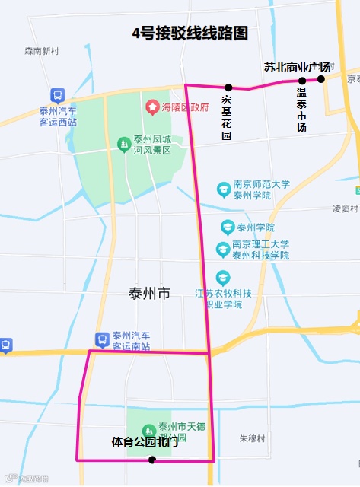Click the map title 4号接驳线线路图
[190, 33]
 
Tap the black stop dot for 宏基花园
[228, 88]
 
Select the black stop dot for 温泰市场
[302, 81]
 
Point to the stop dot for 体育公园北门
[152, 460]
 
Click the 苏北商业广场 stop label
[297, 68]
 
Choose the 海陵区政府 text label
[185, 107]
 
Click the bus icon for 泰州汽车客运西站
[58, 95]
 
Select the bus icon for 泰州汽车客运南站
[101, 339]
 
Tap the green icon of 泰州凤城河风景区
[123, 144]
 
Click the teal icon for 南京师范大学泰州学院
[223, 188]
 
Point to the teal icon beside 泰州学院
[227, 227]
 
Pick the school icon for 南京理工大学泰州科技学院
[222, 250]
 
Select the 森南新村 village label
[41, 52]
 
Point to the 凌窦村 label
[345, 208]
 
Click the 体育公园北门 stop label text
[145, 442]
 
